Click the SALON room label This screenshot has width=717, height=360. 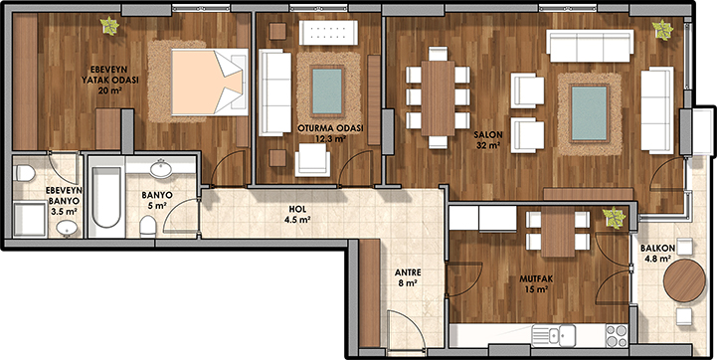click(488, 135)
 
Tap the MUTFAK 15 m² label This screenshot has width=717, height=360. click(534, 283)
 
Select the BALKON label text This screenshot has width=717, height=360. click(655, 249)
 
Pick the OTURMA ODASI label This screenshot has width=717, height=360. click(330, 128)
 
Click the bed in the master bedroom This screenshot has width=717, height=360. click(210, 82)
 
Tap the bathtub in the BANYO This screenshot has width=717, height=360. click(106, 198)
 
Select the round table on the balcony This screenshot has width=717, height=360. click(684, 280)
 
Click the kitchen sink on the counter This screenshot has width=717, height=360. click(554, 336)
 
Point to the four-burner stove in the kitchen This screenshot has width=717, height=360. click(617, 336)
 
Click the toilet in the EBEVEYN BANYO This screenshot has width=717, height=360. click(25, 173)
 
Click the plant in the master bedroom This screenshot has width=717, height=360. click(109, 26)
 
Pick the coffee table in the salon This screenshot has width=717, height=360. click(590, 113)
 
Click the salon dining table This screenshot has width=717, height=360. click(438, 97)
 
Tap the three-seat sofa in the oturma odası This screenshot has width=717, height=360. click(274, 92)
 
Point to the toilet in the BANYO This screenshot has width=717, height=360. click(148, 226)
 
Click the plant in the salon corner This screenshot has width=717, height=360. click(662, 30)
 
